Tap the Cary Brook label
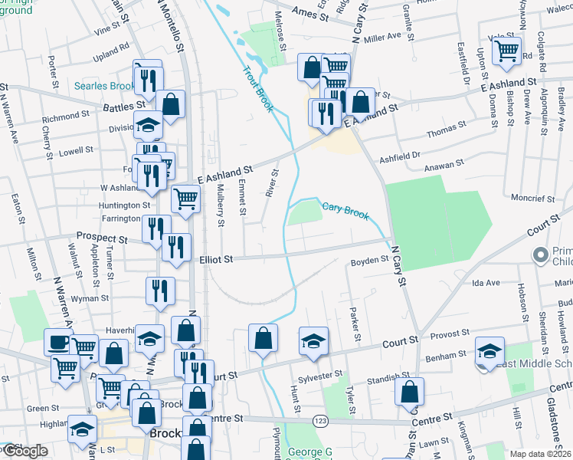345,209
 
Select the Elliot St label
217,260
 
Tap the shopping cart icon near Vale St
506,51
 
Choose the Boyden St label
369,261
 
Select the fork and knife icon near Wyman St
160,290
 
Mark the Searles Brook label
104,86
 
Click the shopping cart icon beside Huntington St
185,199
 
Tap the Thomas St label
447,131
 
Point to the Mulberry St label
220,205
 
